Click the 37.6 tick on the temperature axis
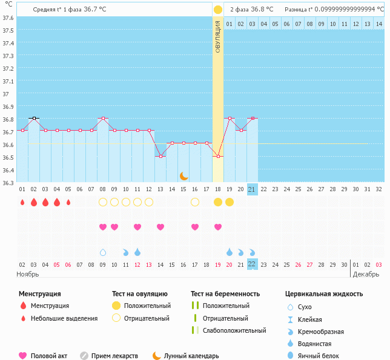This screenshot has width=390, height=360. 7,18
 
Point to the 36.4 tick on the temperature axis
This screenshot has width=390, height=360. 7,170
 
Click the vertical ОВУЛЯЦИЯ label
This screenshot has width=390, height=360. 218,36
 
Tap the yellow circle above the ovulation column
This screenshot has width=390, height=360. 218,10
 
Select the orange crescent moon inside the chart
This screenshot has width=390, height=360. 183,175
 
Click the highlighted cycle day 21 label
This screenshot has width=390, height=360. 253,189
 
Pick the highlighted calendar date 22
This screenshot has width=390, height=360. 253,264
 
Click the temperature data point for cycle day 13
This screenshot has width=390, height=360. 160,156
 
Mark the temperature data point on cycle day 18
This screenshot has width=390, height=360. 218,156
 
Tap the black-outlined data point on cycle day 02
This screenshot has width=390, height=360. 34,118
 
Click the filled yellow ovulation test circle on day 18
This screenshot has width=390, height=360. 218,202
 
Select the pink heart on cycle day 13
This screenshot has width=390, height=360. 160,227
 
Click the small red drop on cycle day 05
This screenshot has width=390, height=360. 68,202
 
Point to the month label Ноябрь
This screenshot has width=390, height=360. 27,274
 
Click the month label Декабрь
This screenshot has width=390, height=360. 366,274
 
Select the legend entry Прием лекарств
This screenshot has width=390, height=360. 115,356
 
